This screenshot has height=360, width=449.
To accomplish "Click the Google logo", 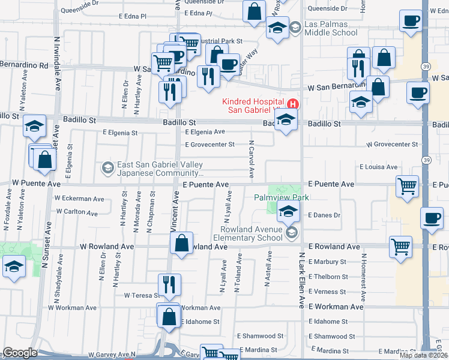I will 20,353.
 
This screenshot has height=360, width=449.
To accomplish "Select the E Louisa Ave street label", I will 379,167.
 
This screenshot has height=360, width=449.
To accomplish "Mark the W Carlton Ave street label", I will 77,212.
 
